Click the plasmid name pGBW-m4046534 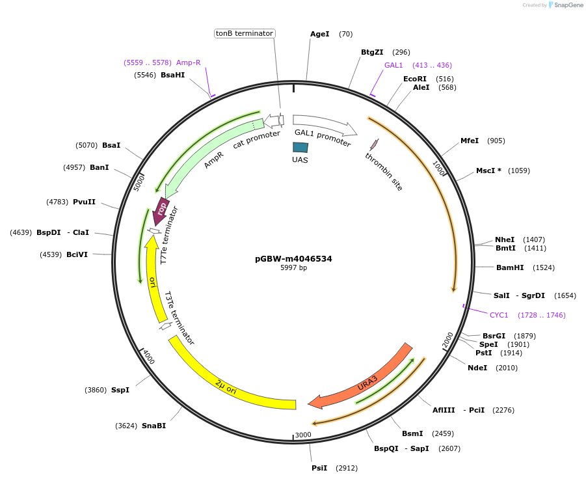pos(293,258)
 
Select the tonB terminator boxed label pos(245,33)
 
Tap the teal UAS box pos(300,148)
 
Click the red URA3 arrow pos(364,377)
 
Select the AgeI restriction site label pos(320,34)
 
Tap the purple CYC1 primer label pos(499,315)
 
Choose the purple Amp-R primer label pos(188,62)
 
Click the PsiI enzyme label pos(319,468)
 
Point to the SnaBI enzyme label pos(153,426)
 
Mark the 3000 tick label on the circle pos(303,435)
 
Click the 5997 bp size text pos(293,267)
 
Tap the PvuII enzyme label pos(85,202)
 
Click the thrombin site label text pos(384,172)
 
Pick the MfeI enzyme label pos(470,141)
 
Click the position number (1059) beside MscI pos(519,171)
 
